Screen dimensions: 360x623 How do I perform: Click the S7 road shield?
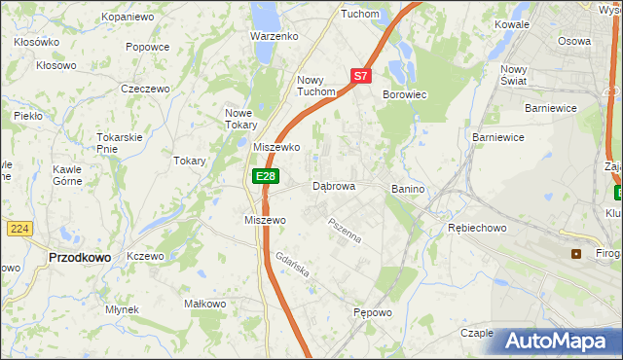coord(360,75)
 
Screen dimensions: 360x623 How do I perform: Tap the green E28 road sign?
coord(266,176)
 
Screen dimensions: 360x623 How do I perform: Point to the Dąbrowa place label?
coord(334,186)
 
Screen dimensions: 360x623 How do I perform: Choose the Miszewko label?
coord(276,147)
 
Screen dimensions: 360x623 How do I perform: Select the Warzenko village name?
coord(274,36)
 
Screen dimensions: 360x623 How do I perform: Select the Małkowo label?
coord(205,304)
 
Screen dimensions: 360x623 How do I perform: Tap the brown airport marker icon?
coord(576,254)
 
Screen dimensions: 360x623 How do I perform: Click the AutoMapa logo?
coord(557,342)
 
